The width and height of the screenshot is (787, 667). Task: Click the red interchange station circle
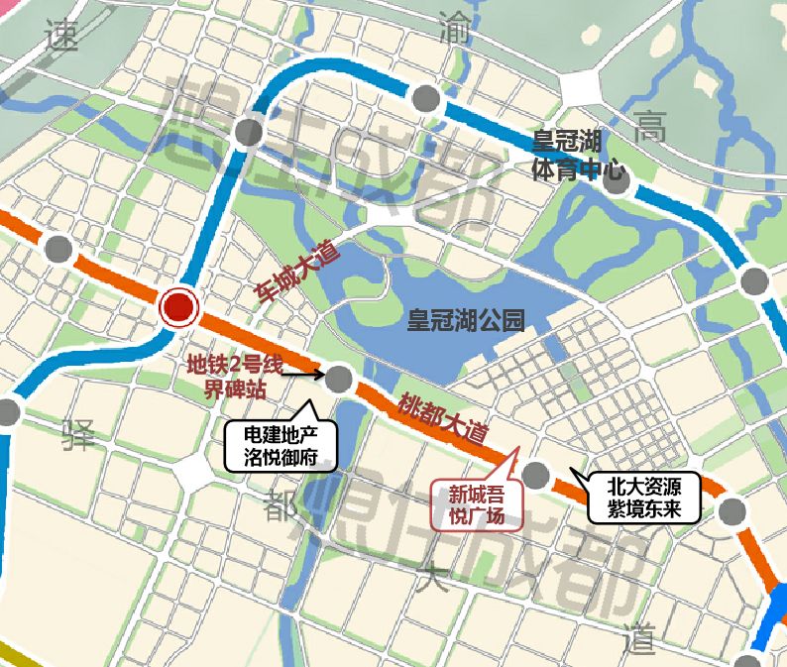tap(179, 309)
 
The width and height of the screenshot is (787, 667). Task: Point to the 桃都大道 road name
tap(444, 418)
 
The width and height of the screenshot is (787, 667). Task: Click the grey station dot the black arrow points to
tap(339, 378)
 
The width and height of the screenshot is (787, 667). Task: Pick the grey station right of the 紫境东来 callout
tap(732, 511)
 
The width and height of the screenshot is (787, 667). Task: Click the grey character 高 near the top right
tap(651, 125)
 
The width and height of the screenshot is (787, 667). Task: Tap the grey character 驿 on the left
tap(79, 433)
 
